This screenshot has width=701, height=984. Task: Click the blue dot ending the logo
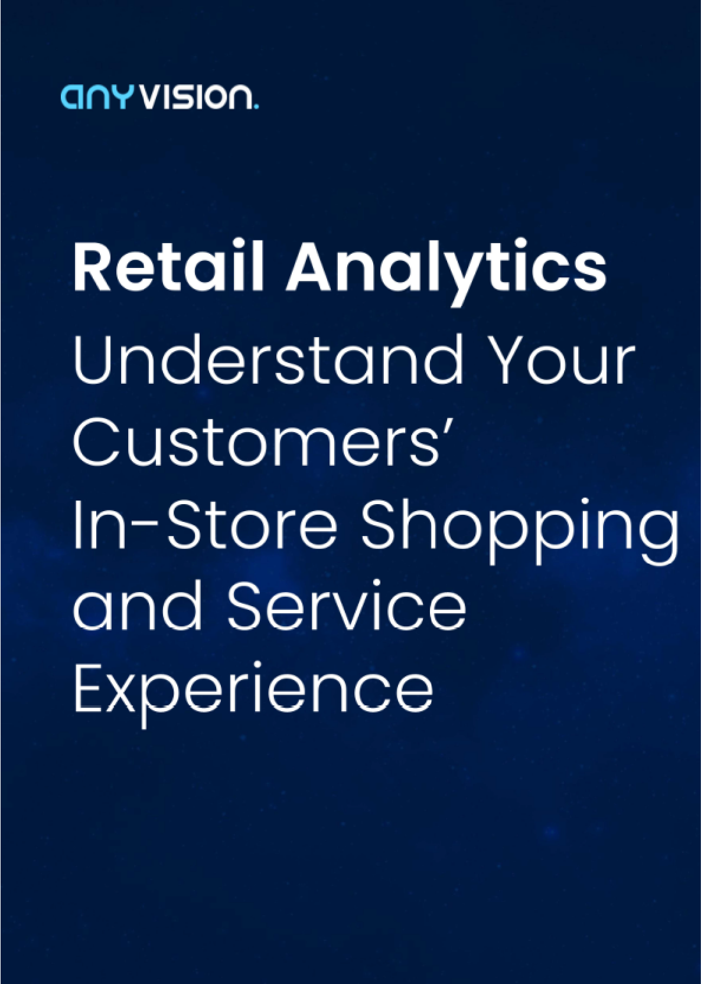click(256, 106)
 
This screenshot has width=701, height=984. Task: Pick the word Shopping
click(520, 531)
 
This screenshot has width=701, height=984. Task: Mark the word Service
click(346, 606)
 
